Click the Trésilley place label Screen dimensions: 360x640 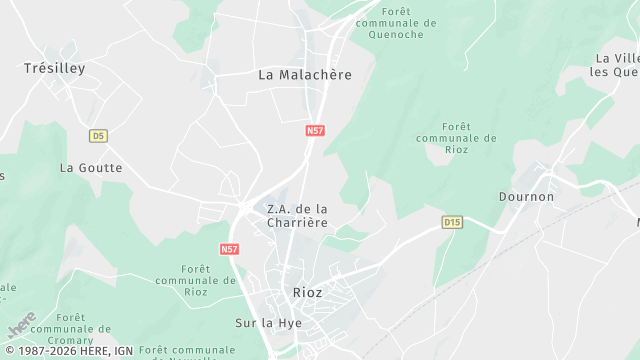click(55, 68)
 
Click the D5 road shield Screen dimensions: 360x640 click(97, 135)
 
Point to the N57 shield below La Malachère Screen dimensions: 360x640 click(315, 131)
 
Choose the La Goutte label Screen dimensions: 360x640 click(91, 168)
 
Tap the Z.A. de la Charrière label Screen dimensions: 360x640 click(297, 215)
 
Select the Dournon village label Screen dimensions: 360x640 click(526, 197)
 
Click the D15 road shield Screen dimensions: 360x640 click(452, 221)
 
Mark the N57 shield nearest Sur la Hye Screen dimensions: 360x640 click(229, 248)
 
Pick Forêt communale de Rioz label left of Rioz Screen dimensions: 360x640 click(209, 280)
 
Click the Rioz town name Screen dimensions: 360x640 click(308, 292)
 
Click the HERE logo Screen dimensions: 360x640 click(21, 326)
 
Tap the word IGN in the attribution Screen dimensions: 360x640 click(123, 351)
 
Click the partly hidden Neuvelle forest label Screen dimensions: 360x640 click(188, 352)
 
